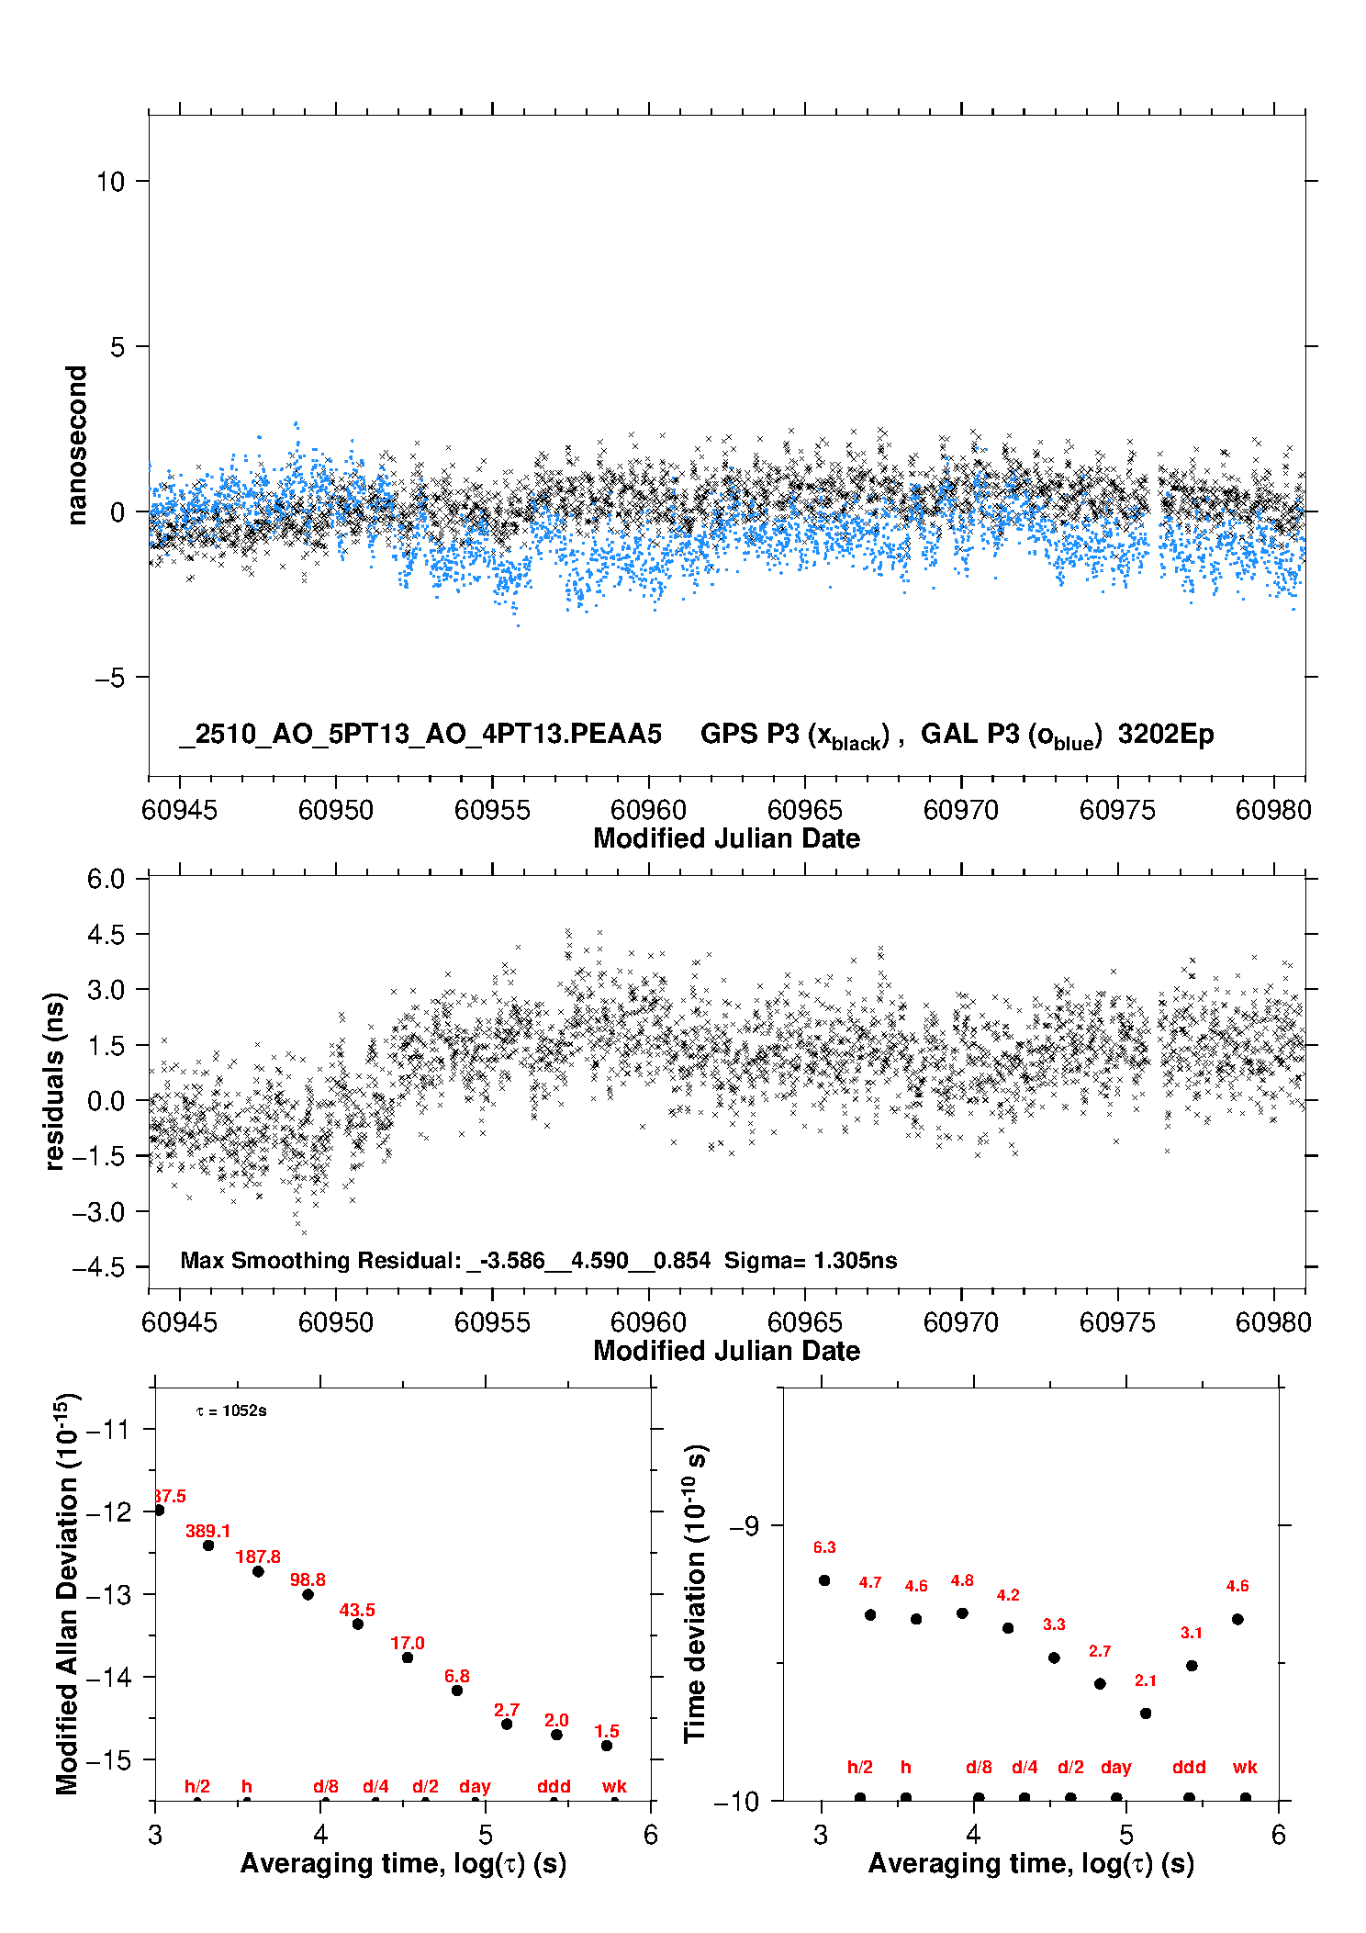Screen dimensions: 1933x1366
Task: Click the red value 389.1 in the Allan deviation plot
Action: point(207,1531)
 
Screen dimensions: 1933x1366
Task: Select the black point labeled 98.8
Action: point(308,1594)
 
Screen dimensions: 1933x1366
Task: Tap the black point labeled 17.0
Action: point(408,1658)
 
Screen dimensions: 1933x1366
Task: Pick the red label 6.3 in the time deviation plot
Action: point(824,1547)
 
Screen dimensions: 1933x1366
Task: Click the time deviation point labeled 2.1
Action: point(1146,1714)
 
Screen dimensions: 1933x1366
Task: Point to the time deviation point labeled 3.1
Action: point(1192,1666)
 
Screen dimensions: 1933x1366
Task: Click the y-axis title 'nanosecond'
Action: point(76,445)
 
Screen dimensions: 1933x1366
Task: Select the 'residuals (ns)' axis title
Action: point(55,1081)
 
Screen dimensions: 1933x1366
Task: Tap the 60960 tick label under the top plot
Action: point(648,810)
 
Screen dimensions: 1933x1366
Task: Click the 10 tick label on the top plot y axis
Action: point(110,182)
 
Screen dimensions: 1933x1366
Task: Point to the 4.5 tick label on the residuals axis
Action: point(106,935)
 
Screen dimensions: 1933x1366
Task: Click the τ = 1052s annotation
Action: point(231,1410)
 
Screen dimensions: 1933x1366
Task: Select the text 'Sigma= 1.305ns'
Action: point(811,1260)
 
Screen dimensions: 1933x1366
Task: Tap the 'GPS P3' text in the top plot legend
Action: point(750,734)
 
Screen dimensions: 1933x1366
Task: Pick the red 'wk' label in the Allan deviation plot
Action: point(614,1786)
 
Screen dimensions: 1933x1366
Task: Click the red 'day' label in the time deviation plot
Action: point(1116,1767)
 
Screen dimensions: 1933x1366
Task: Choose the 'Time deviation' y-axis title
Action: point(695,1593)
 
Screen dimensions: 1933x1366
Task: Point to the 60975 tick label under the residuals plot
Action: point(1117,1322)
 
